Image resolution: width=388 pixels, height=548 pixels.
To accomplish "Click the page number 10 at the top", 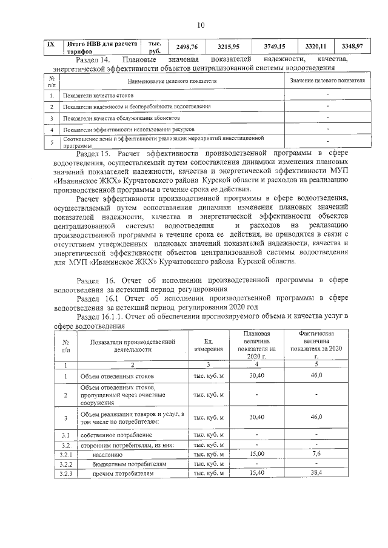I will (201, 25).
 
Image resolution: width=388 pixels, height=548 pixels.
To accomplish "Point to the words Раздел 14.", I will (93, 59).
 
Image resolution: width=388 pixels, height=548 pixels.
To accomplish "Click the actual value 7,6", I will (316, 453).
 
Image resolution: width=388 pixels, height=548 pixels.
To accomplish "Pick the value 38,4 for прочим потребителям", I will (316, 472).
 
